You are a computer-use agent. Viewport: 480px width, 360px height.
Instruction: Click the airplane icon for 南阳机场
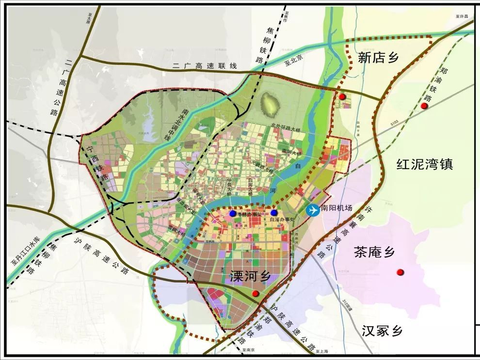313,210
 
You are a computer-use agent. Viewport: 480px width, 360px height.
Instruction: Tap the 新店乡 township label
378,58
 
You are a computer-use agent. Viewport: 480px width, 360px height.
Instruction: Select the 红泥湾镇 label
424,164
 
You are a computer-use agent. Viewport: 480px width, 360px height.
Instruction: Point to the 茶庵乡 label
374,252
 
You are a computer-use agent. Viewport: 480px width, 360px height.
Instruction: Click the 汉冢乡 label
382,331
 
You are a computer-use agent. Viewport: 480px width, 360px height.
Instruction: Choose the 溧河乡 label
250,276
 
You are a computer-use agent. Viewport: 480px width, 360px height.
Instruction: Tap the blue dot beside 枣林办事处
233,213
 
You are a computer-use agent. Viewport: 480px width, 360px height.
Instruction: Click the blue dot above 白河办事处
274,213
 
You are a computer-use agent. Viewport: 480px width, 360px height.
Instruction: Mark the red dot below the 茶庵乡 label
400,272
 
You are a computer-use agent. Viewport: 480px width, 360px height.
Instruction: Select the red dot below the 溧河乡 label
256,294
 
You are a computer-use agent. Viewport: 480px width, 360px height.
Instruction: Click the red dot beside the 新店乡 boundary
342,97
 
